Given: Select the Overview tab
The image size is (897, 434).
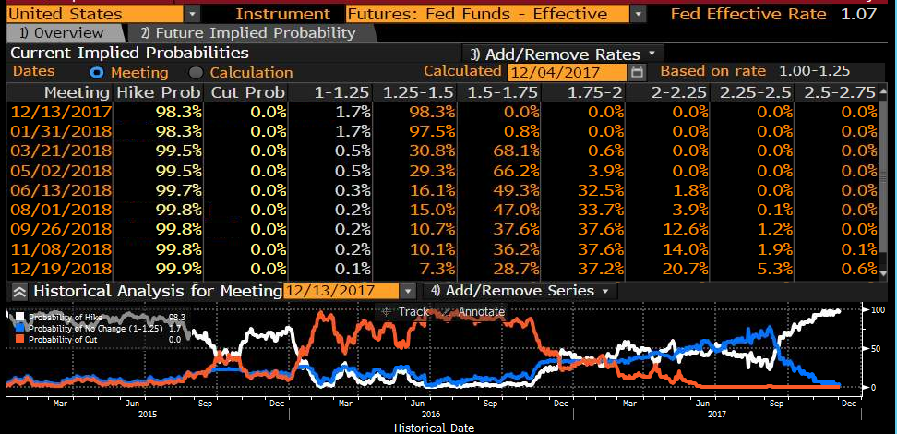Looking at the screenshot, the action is (61, 33).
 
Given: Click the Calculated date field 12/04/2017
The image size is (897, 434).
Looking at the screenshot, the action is (567, 72).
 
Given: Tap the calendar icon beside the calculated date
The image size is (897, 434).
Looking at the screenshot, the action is (638, 72).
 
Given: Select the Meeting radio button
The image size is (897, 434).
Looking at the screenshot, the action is (98, 73).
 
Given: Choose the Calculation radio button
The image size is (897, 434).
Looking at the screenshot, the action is (197, 73).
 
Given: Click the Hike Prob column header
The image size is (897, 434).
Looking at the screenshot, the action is (159, 92).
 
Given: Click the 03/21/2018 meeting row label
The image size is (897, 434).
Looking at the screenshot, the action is (61, 151).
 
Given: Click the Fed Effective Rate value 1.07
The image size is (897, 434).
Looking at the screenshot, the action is (858, 14).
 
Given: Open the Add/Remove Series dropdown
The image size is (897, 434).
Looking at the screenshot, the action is (520, 291).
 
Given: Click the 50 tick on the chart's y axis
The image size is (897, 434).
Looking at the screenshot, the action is (874, 349).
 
